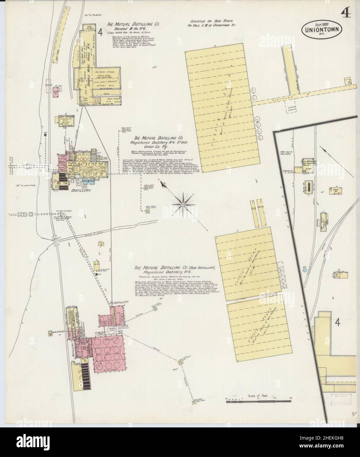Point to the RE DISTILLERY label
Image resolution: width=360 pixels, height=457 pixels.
point(118,302)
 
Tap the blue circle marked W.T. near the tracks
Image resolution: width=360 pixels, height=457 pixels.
point(305,270)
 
